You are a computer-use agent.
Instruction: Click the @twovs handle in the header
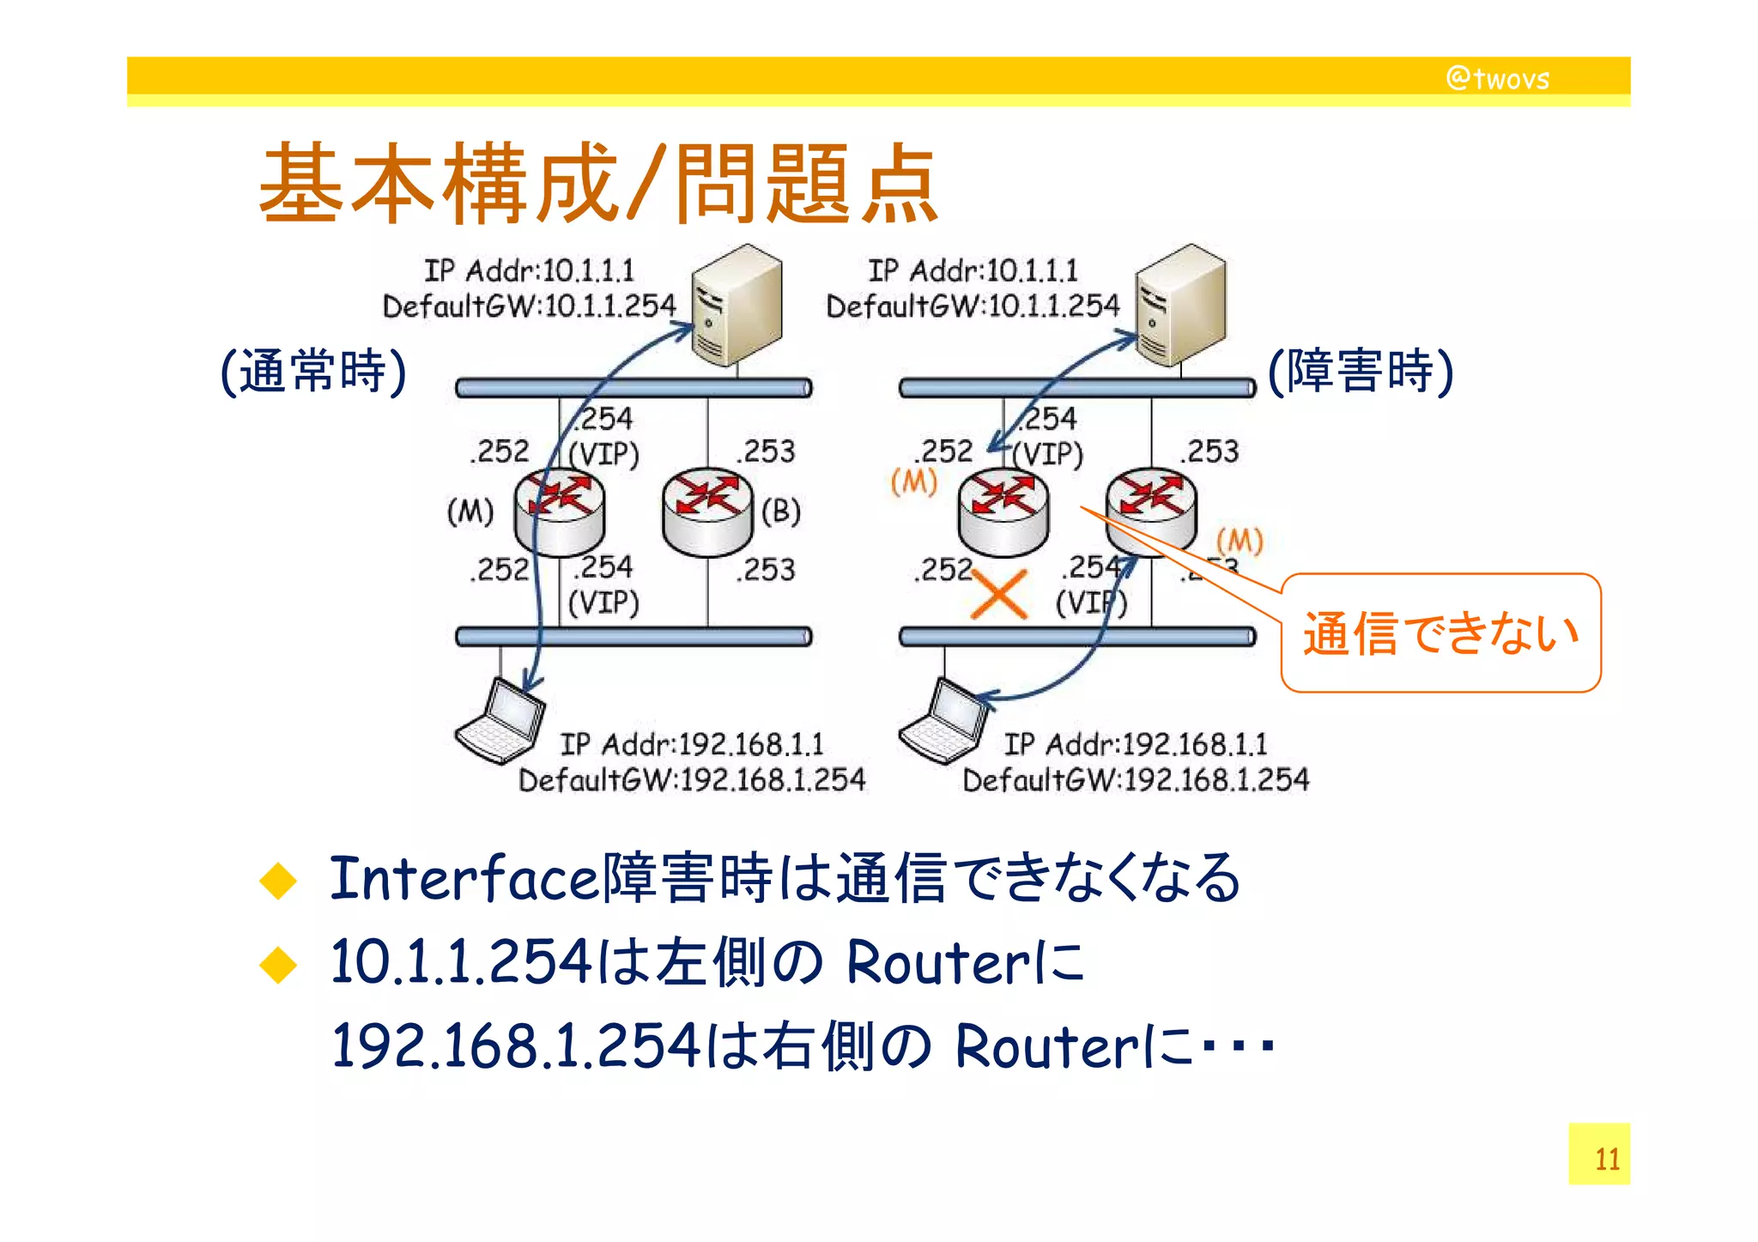tap(1497, 78)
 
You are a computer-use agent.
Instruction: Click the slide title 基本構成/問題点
tap(598, 185)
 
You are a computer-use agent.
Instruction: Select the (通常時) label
tap(313, 371)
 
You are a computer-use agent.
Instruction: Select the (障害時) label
tap(1361, 371)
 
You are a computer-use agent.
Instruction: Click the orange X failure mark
tap(998, 594)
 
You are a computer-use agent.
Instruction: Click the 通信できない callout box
tap(1440, 633)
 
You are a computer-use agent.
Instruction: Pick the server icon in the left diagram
tap(737, 304)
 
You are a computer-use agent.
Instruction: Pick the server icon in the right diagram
tap(1181, 304)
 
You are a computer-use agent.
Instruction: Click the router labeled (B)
tap(707, 512)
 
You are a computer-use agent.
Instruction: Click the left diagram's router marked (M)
tap(560, 512)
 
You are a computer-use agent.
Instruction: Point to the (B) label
tap(780, 512)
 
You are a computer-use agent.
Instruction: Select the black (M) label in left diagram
tap(470, 512)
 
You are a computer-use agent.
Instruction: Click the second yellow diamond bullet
tap(278, 965)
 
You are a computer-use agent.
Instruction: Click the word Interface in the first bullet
tap(464, 879)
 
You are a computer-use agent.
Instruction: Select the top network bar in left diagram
tap(633, 388)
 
